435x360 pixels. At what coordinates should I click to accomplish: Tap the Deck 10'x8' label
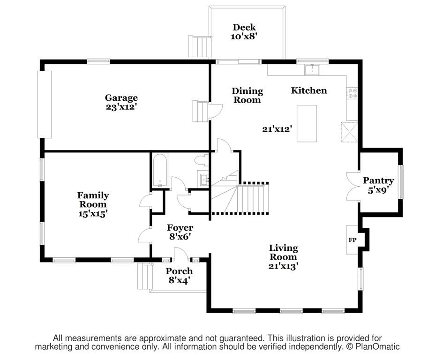click(x=244, y=31)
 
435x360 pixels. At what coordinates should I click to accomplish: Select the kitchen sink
click(x=312, y=70)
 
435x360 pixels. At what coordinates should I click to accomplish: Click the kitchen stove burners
click(x=352, y=93)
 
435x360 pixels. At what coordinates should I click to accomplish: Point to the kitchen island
click(x=307, y=124)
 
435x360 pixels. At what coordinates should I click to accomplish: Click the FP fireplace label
click(x=352, y=240)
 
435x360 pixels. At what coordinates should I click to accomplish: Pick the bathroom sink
click(x=204, y=179)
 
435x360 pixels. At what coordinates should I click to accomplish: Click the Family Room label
click(x=93, y=204)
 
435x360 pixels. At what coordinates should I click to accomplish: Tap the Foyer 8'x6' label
click(x=180, y=232)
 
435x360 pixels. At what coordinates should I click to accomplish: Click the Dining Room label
click(x=247, y=96)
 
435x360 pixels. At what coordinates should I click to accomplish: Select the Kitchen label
click(x=309, y=90)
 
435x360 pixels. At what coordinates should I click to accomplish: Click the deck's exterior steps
click(x=199, y=46)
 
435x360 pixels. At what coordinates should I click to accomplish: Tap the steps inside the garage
click(x=200, y=111)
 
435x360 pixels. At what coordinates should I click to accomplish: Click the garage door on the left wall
click(x=45, y=104)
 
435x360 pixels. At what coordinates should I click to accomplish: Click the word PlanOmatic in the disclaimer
click(x=377, y=347)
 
